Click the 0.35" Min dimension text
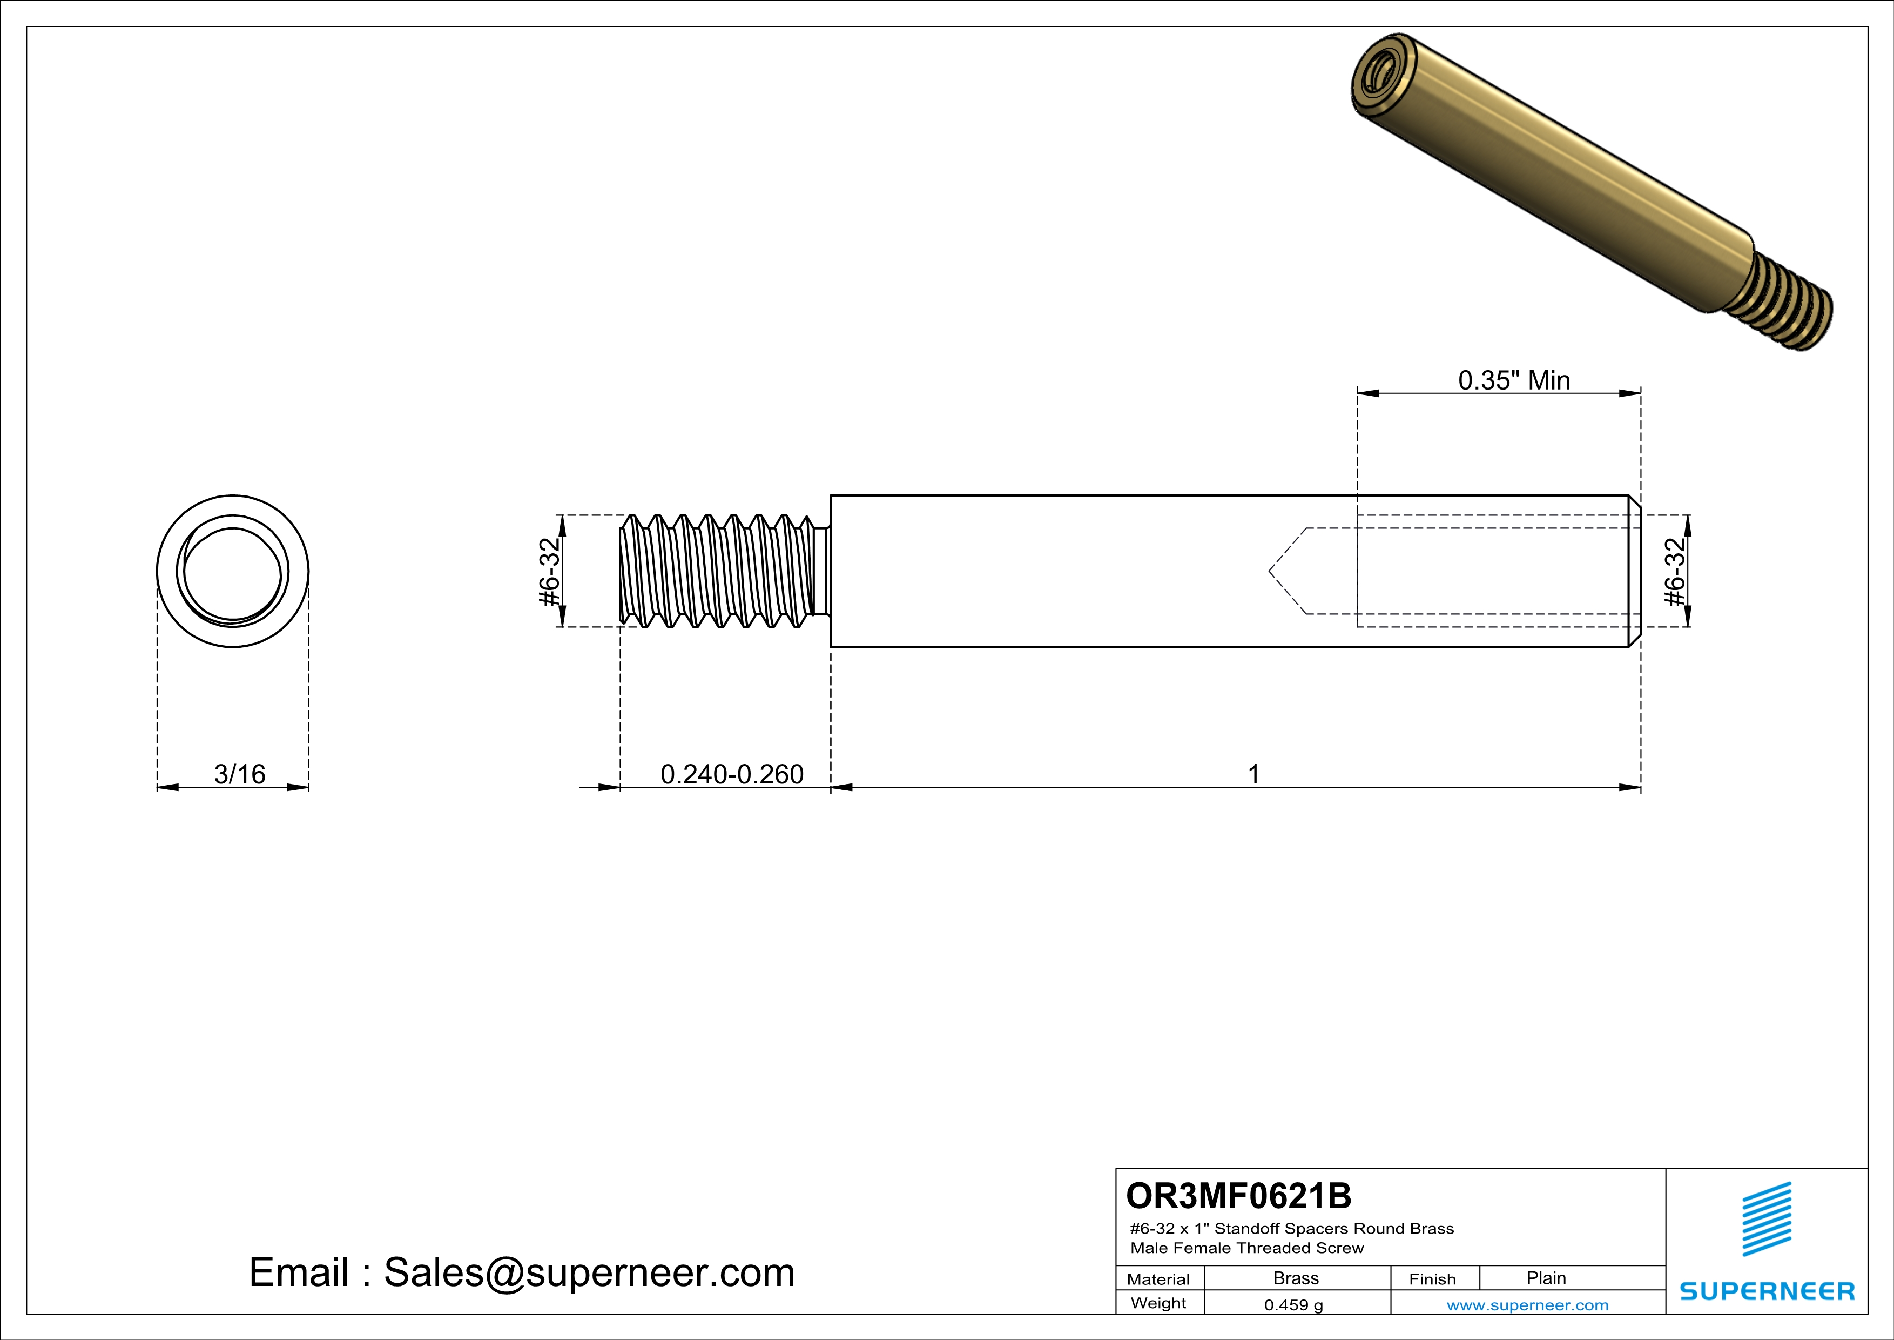pyautogui.click(x=1514, y=380)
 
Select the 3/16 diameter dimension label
pyautogui.click(x=239, y=774)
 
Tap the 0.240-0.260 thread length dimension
pyautogui.click(x=732, y=774)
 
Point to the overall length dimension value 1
pyautogui.click(x=1253, y=774)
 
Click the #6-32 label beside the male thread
pyautogui.click(x=549, y=571)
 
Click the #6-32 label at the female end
pyautogui.click(x=1675, y=571)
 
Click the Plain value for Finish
pyautogui.click(x=1545, y=1278)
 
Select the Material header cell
pyautogui.click(x=1158, y=1279)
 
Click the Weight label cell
pyautogui.click(x=1158, y=1303)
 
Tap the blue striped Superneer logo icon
pyautogui.click(x=1766, y=1219)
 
